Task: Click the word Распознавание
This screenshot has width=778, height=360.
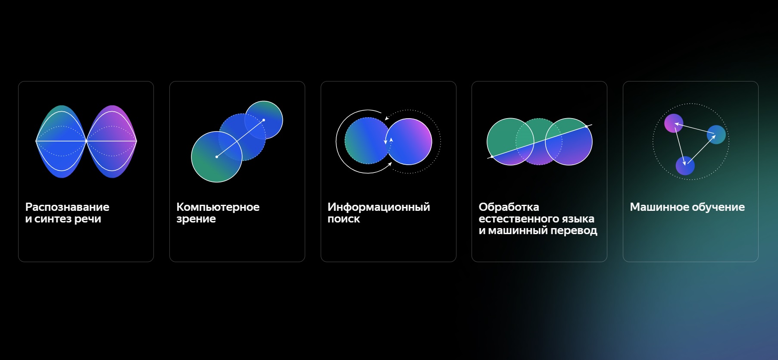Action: pos(67,207)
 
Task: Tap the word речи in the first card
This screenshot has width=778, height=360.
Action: pos(87,219)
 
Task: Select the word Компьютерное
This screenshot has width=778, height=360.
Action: pos(218,207)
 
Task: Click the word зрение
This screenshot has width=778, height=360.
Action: pos(196,219)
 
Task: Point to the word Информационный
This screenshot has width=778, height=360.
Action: pos(379,207)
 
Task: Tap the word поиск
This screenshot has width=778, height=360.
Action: pos(344,219)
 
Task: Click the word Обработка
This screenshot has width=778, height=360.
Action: pos(509,207)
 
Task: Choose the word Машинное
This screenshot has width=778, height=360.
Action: pos(659,207)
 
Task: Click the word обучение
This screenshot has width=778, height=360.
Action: pos(718,207)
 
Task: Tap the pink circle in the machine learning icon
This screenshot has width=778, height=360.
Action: pos(674,123)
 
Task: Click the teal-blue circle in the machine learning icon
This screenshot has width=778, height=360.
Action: pos(716,135)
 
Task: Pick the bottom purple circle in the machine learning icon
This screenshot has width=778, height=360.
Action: pos(685,166)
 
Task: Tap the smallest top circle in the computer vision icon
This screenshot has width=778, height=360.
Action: pos(264,120)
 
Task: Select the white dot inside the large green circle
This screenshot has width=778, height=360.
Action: pos(217,157)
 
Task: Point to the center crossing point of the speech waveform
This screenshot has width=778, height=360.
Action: pos(86,141)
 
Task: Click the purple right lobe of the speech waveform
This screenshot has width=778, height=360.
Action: pos(112,141)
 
